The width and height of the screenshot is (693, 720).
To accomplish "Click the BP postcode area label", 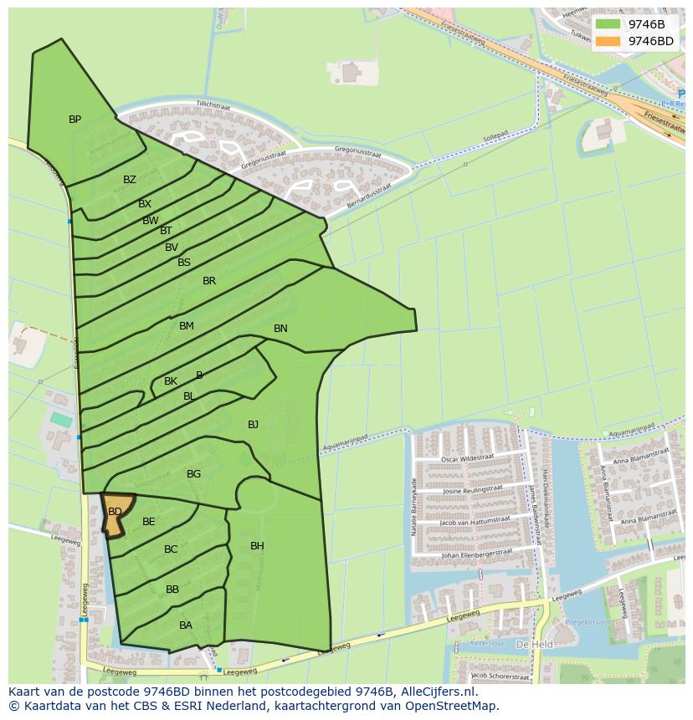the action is click(x=74, y=120).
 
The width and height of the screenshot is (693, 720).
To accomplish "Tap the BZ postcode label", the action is click(x=129, y=180).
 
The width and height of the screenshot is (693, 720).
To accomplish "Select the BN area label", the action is click(x=280, y=329).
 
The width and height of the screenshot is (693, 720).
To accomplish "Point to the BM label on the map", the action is click(x=186, y=326).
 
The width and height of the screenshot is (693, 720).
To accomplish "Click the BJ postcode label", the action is click(x=253, y=425).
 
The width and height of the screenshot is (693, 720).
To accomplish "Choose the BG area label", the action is click(x=193, y=474).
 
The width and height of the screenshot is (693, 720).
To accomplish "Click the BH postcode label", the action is click(x=257, y=546).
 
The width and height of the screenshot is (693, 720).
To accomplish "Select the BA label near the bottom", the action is click(x=186, y=625).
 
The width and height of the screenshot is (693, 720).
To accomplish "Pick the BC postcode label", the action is click(x=171, y=549).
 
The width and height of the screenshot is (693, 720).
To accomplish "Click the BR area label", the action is click(x=209, y=281).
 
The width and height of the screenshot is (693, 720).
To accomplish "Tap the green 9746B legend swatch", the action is click(x=608, y=24).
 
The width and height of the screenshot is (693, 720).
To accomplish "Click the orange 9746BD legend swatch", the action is click(x=608, y=41).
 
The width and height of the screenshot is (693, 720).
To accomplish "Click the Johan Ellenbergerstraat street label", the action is click(x=475, y=554).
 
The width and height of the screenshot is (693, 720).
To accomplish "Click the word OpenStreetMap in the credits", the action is click(x=455, y=706).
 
